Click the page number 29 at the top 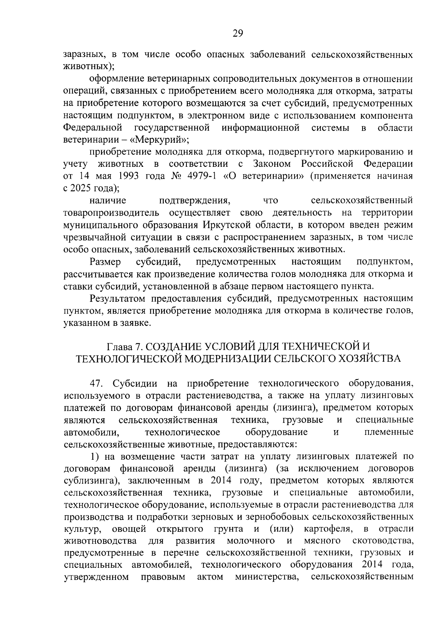[x=238, y=34]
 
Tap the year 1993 [x=128, y=176]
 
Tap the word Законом [x=272, y=163]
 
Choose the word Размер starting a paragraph [x=105, y=262]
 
